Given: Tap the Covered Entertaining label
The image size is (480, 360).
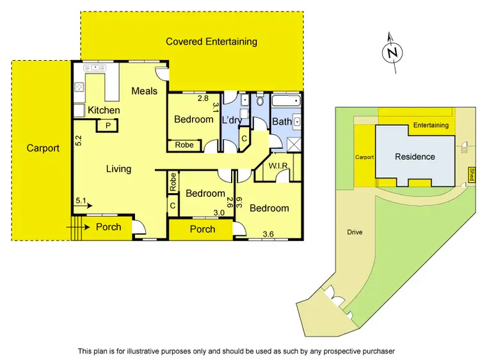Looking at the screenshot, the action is pyautogui.click(x=211, y=42).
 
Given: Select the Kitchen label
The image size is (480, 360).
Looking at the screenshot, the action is pyautogui.click(x=104, y=110).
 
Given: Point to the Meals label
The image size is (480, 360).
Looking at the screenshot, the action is pyautogui.click(x=144, y=91).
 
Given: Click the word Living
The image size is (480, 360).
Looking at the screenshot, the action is pyautogui.click(x=118, y=169).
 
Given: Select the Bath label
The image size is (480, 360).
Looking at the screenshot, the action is pyautogui.click(x=282, y=121).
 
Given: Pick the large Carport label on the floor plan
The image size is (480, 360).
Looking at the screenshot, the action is pyautogui.click(x=43, y=148).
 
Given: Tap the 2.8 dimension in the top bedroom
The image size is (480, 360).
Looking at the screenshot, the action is pyautogui.click(x=203, y=98).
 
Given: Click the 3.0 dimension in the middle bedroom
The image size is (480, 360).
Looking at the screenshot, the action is pyautogui.click(x=219, y=213).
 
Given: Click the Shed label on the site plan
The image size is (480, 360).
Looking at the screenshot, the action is pyautogui.click(x=472, y=173).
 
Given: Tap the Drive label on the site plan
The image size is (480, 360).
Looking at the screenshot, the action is pyautogui.click(x=355, y=232).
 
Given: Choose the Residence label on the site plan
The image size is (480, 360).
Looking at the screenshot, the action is pyautogui.click(x=415, y=157).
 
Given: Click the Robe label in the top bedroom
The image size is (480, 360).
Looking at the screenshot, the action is pyautogui.click(x=184, y=145).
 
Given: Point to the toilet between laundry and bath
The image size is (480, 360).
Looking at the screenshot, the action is pyautogui.click(x=260, y=103).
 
